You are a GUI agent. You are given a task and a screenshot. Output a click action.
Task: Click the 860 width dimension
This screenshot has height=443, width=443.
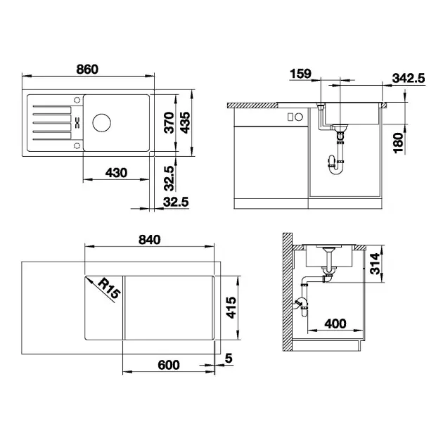pyautogui.click(x=87, y=70)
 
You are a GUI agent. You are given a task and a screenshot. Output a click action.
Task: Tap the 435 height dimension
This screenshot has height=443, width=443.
pyautogui.click(x=186, y=122)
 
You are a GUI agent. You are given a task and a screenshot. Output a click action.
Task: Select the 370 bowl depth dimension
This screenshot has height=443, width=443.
pyautogui.click(x=169, y=122)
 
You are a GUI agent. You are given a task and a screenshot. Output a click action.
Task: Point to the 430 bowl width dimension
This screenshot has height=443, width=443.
pyautogui.click(x=116, y=172)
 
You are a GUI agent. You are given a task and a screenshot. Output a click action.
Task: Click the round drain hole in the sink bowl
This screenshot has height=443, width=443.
pyautogui.click(x=101, y=122)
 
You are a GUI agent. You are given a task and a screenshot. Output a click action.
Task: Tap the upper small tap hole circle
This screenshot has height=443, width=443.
pyautogui.click(x=77, y=100)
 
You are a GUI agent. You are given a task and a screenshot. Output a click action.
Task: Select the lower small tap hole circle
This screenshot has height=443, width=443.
pyautogui.click(x=77, y=146)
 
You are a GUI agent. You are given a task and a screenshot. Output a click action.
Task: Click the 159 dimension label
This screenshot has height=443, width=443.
pyautogui.click(x=301, y=74)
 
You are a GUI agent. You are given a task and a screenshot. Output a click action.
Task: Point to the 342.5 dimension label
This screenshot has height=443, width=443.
pyautogui.click(x=409, y=78)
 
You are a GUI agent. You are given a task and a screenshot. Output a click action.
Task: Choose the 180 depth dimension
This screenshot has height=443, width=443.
pyautogui.click(x=398, y=143)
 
